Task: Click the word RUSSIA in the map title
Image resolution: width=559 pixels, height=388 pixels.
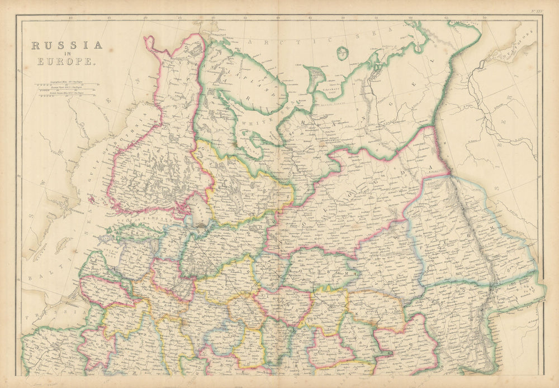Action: tap(67, 46)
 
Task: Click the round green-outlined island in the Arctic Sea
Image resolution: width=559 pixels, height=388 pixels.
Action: tap(342, 54)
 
